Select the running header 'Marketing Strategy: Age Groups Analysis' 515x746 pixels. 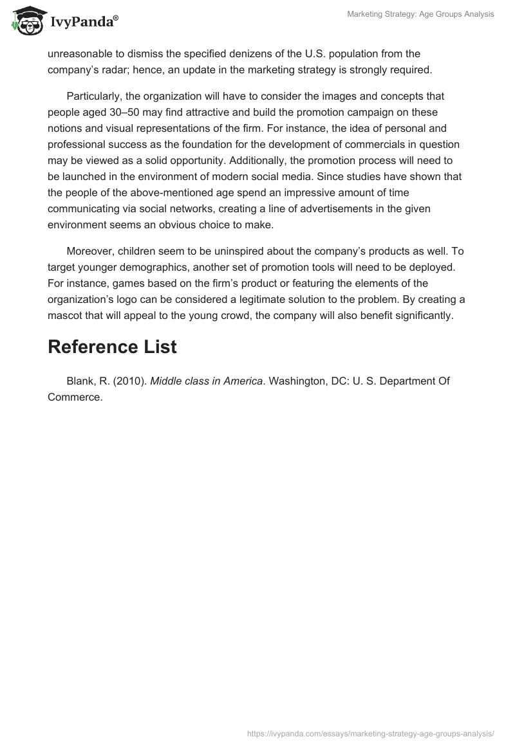[420, 15]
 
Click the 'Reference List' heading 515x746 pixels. [112, 347]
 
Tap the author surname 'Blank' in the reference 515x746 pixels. [80, 381]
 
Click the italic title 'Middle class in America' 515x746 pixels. [207, 381]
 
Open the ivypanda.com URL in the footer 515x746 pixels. [371, 733]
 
